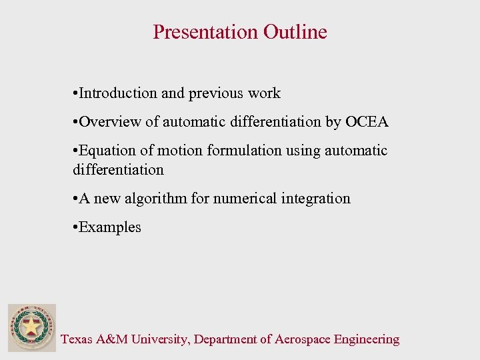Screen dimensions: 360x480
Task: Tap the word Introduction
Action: [x=118, y=93]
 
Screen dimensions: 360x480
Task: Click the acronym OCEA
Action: [x=367, y=122]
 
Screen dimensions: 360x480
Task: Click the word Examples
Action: [x=110, y=227]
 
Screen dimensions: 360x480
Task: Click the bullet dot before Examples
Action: [x=75, y=227]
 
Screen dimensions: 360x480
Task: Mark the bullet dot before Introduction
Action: [x=75, y=93]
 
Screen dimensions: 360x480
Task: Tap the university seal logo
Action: [x=32, y=328]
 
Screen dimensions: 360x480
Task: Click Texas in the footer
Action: [x=77, y=339]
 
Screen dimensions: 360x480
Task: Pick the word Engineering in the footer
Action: [x=367, y=339]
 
